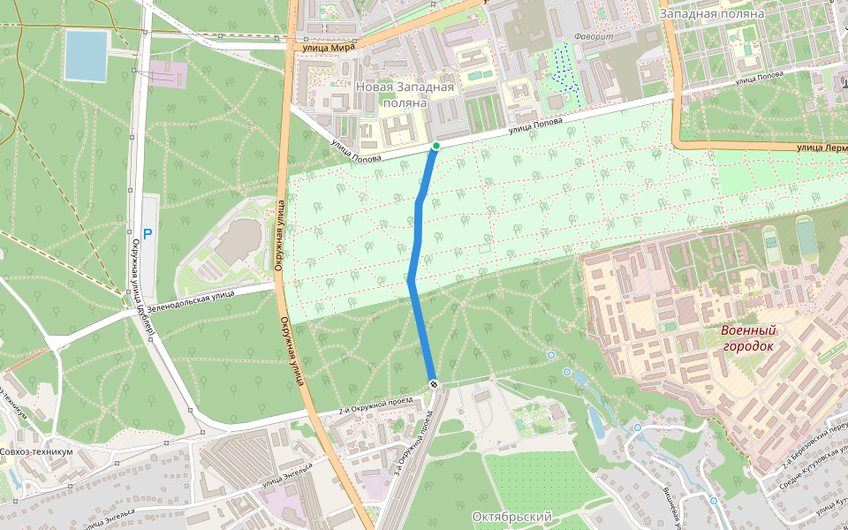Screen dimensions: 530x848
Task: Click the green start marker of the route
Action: point(435,146)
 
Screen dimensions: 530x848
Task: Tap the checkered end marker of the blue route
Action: point(434,383)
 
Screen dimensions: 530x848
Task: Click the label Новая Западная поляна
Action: point(405,95)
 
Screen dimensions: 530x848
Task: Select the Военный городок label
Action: point(748,337)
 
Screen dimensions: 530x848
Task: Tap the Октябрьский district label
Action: point(512,516)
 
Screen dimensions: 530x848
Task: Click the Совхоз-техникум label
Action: point(36,451)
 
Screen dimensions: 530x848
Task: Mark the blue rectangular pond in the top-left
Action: point(86,54)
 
